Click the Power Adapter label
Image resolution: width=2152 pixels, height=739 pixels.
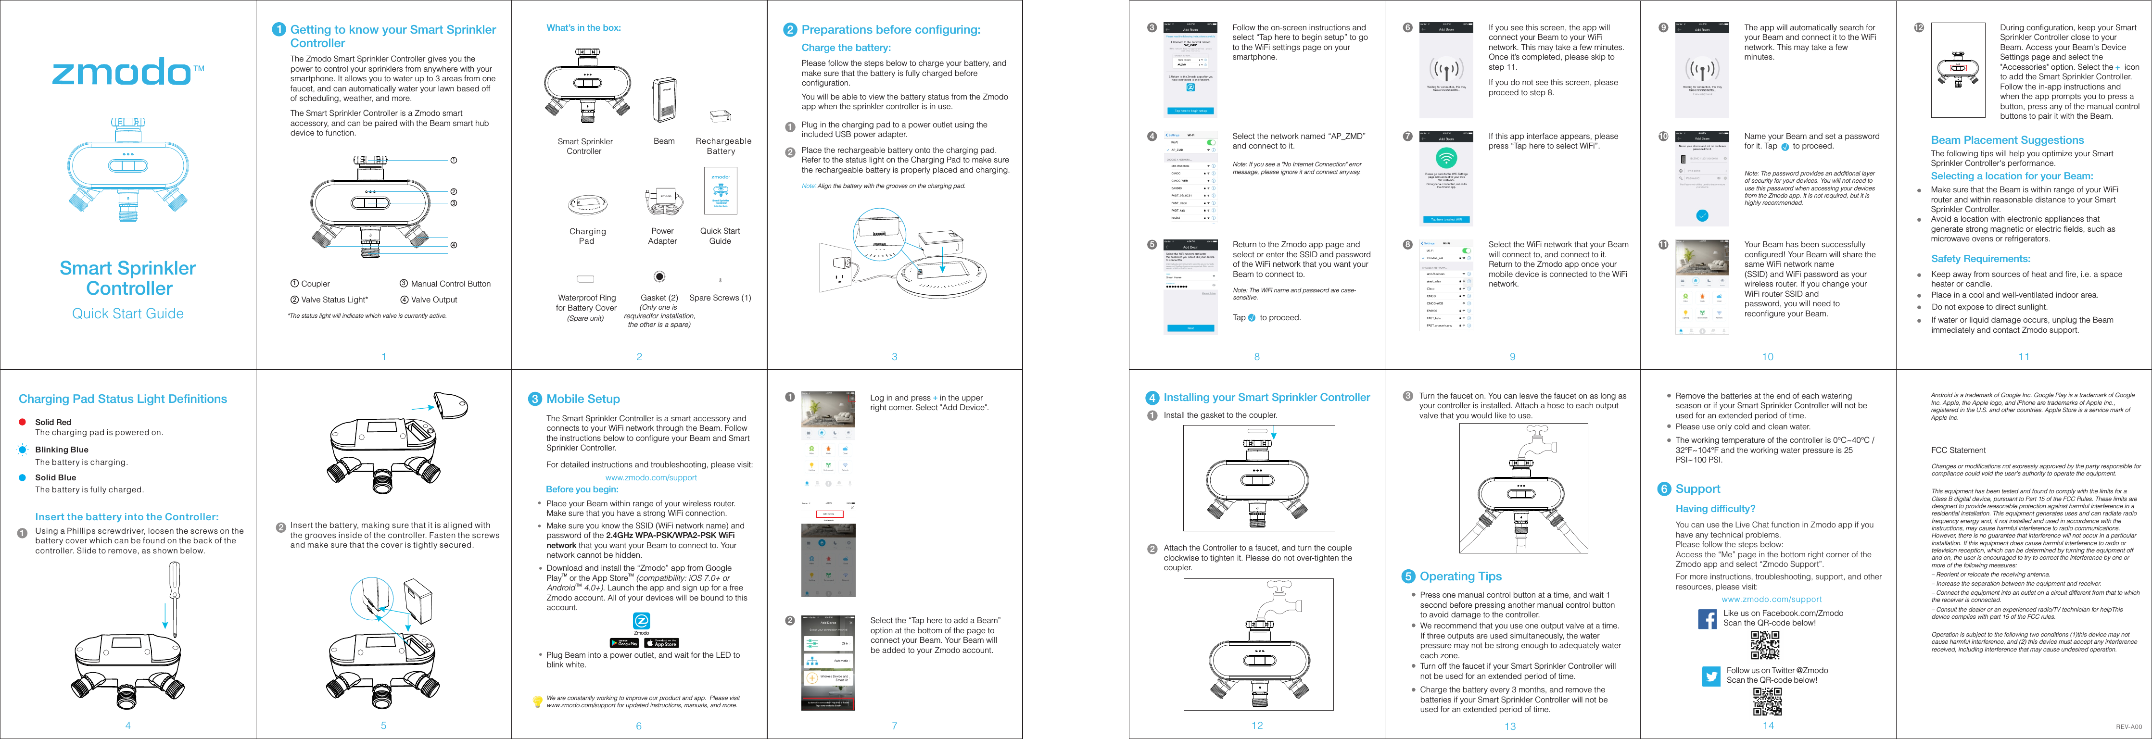tap(662, 236)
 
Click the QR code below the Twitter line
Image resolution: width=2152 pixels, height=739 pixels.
tap(1766, 701)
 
